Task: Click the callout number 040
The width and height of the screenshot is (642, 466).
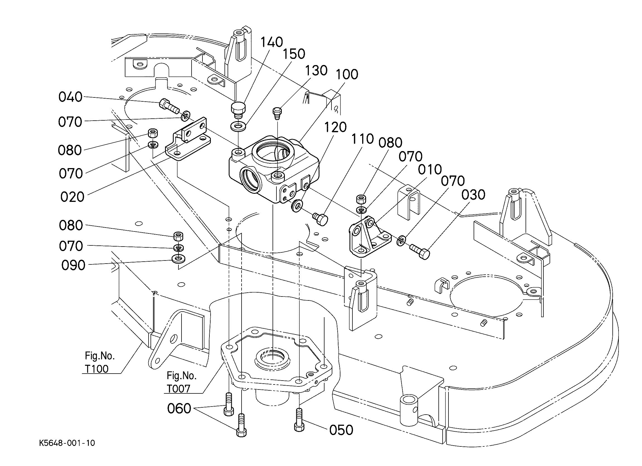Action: pyautogui.click(x=70, y=97)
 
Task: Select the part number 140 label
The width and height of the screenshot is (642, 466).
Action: pyautogui.click(x=271, y=42)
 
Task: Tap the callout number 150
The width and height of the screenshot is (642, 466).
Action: pyautogui.click(x=294, y=54)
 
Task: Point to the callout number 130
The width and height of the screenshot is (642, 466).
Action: pyautogui.click(x=316, y=70)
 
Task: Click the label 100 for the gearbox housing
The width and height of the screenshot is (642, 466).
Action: pyautogui.click(x=347, y=75)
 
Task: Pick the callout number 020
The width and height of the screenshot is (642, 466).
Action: pyautogui.click(x=72, y=197)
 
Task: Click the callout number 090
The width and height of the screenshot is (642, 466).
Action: pyautogui.click(x=73, y=265)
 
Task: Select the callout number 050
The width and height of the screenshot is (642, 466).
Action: pyautogui.click(x=341, y=430)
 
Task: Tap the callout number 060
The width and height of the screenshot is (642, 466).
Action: pyautogui.click(x=179, y=408)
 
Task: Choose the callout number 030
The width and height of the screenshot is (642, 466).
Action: pyautogui.click(x=473, y=195)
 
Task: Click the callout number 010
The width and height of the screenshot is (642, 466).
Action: pyautogui.click(x=430, y=169)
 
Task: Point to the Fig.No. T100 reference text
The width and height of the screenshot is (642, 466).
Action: pyautogui.click(x=99, y=362)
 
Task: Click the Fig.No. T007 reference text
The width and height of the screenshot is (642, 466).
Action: pyautogui.click(x=181, y=382)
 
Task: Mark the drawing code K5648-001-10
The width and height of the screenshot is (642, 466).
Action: pyautogui.click(x=67, y=443)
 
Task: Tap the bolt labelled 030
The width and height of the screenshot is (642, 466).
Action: pyautogui.click(x=420, y=251)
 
